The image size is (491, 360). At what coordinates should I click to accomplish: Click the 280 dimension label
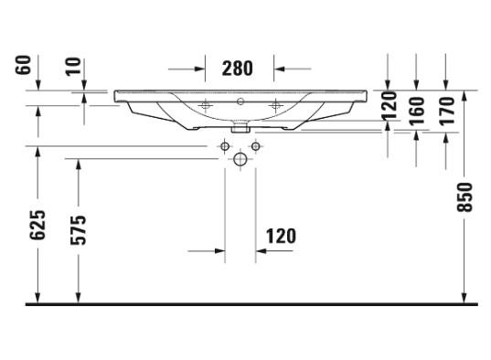(237, 69)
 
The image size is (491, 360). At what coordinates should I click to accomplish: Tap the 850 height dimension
(464, 197)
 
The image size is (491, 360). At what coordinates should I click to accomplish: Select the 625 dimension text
(37, 225)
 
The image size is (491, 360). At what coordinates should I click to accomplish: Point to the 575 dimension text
(78, 229)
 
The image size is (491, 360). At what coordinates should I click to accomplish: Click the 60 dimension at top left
(23, 65)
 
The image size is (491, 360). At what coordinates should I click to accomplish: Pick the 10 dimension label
(73, 67)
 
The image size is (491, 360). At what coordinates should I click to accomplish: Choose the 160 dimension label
(418, 111)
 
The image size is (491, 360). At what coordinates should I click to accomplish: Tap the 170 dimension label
(446, 111)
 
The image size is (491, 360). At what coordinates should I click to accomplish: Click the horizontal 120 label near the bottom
(281, 237)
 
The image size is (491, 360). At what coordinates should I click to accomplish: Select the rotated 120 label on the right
(389, 105)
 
